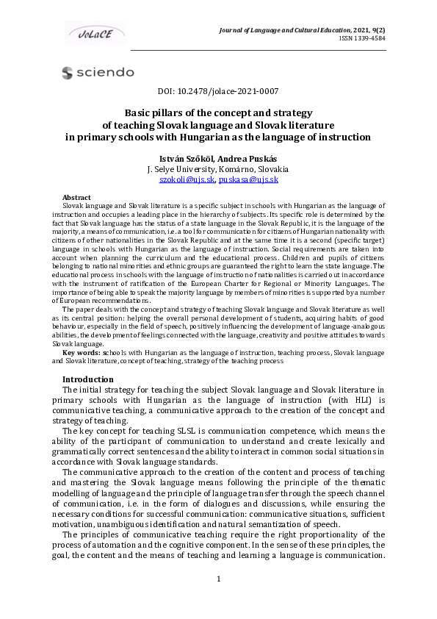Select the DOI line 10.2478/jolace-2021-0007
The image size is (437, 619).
218,91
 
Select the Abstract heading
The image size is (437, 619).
77,198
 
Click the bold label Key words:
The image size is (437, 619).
82,353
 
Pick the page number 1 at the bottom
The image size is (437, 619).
218,599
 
